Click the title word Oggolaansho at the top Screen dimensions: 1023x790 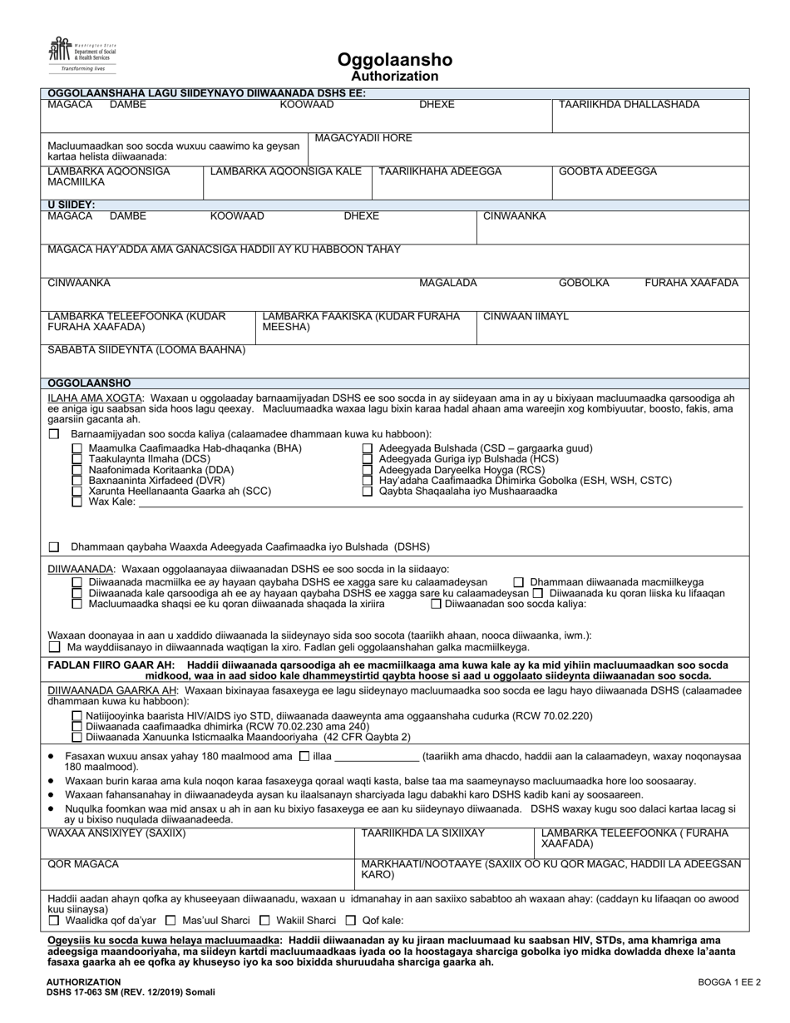(x=395, y=60)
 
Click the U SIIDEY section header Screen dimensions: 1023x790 (x=72, y=205)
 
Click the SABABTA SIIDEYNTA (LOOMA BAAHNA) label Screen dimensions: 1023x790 (x=146, y=350)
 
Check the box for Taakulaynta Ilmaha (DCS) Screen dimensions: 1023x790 (x=77, y=459)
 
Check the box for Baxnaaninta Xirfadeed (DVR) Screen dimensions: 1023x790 (x=77, y=481)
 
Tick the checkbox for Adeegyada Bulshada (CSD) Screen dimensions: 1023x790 (x=368, y=448)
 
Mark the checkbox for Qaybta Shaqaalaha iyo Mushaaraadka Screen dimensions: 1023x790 (x=368, y=492)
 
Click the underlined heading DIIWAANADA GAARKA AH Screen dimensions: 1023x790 (x=112, y=690)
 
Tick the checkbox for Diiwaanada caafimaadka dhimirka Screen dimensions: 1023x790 (x=77, y=726)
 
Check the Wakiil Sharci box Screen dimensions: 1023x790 (x=265, y=921)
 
